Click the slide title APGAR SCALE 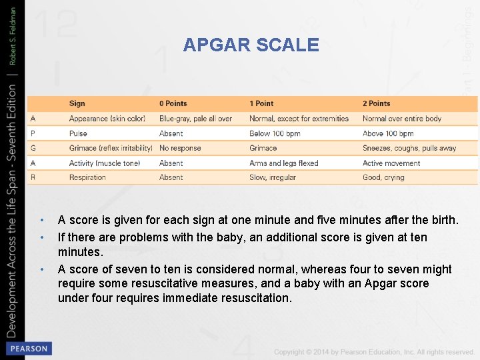click(x=251, y=45)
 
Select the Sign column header click(x=77, y=103)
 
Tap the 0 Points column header click(x=173, y=103)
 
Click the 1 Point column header click(x=261, y=103)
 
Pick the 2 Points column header click(x=377, y=103)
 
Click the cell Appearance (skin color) click(x=107, y=119)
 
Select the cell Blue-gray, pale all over click(x=195, y=119)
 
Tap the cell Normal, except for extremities click(x=299, y=119)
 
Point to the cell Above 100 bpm click(x=388, y=133)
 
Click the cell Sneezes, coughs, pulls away click(x=409, y=148)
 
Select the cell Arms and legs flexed click(x=284, y=163)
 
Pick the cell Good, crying click(x=383, y=177)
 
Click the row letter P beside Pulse click(x=33, y=133)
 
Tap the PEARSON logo click(x=28, y=348)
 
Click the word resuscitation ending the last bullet click(x=256, y=298)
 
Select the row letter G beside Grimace click(x=33, y=148)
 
